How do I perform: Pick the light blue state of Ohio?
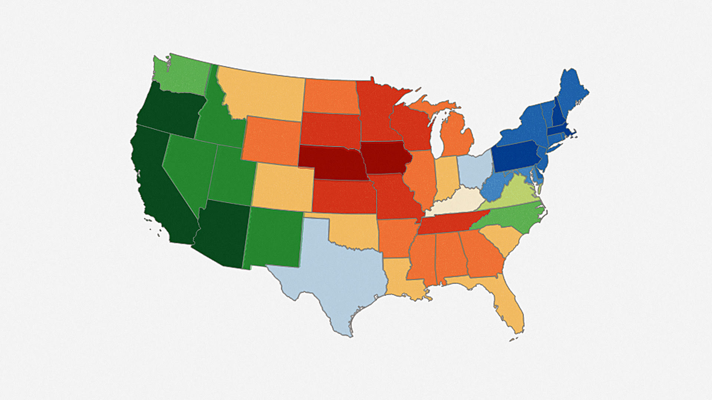click(475, 170)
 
